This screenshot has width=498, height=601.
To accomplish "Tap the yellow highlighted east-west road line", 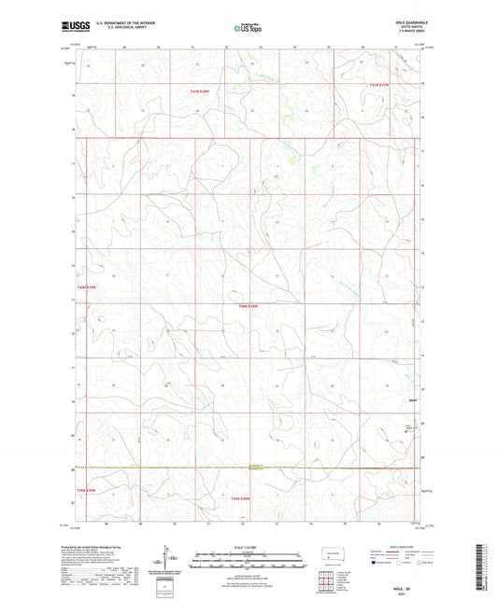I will click(x=249, y=467).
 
